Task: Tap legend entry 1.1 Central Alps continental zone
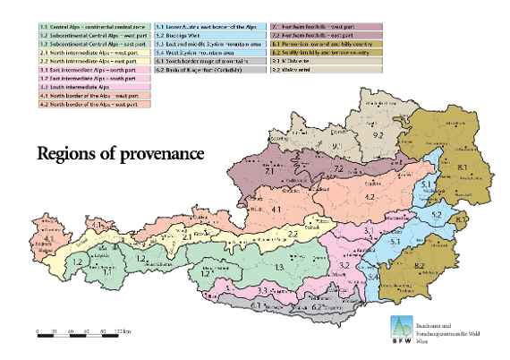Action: [x=85, y=29]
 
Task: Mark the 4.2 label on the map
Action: [x=368, y=195]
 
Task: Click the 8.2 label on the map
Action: [x=420, y=265]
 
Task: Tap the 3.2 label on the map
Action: [x=344, y=266]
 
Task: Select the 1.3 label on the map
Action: [x=279, y=267]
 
